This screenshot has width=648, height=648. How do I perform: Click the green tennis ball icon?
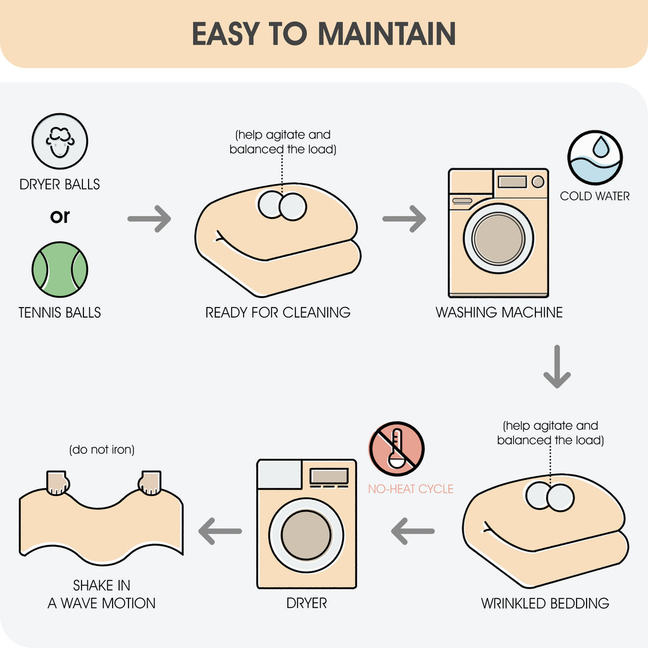(60, 270)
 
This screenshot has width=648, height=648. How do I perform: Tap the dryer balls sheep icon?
(60, 141)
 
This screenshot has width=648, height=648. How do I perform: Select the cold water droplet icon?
(595, 158)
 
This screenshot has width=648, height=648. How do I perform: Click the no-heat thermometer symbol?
(397, 449)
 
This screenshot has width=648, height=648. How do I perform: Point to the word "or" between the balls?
(60, 216)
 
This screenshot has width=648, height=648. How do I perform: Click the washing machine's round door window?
(499, 239)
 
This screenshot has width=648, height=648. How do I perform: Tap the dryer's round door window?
(306, 535)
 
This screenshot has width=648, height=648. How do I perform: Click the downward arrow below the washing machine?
(557, 366)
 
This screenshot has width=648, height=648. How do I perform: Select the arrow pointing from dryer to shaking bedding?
(220, 531)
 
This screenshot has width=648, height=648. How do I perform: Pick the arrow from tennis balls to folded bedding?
(149, 218)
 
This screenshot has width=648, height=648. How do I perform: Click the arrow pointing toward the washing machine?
(404, 218)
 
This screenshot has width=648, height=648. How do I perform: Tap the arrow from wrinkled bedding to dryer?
(413, 531)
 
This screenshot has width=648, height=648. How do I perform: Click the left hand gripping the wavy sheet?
(57, 483)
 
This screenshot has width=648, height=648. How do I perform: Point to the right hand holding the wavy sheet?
(150, 483)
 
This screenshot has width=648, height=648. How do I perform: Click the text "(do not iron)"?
(102, 450)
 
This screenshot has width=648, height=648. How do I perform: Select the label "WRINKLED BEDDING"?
(545, 603)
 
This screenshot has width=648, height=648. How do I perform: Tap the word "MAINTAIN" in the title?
(387, 34)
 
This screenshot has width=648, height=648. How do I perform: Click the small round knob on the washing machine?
(538, 182)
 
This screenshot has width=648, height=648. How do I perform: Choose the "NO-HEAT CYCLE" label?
(411, 489)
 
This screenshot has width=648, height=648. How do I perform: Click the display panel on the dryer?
(329, 476)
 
